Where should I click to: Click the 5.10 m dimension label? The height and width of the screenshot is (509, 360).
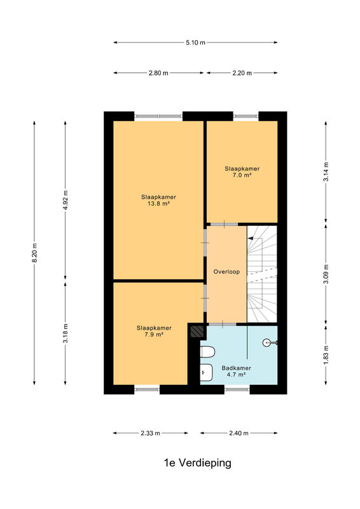(x=195, y=43)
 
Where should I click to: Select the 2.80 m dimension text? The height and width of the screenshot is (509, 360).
(x=158, y=73)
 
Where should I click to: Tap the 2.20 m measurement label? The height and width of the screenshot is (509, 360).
(x=242, y=73)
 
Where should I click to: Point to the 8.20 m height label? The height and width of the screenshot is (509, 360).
(x=34, y=253)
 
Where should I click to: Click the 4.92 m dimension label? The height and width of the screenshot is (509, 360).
(x=66, y=200)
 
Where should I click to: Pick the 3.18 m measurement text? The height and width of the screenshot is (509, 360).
(x=66, y=333)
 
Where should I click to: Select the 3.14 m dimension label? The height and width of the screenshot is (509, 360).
(x=326, y=172)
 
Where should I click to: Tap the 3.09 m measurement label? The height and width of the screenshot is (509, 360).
(x=326, y=274)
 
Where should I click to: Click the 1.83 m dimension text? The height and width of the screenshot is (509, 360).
(x=326, y=355)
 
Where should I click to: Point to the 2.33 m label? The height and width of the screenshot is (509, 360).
(x=150, y=433)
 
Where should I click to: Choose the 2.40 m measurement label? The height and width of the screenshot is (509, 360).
(x=239, y=433)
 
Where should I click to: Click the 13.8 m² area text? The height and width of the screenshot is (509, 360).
(x=158, y=204)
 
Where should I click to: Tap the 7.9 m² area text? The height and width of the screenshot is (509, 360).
(x=154, y=335)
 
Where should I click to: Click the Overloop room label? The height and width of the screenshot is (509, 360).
(x=226, y=272)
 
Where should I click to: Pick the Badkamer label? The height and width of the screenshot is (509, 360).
(x=237, y=368)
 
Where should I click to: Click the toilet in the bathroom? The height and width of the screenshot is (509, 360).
(x=207, y=352)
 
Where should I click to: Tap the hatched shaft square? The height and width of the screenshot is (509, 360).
(x=197, y=331)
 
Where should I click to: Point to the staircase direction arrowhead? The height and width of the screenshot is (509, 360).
(x=250, y=238)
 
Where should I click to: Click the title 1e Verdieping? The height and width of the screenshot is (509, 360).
(x=198, y=463)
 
